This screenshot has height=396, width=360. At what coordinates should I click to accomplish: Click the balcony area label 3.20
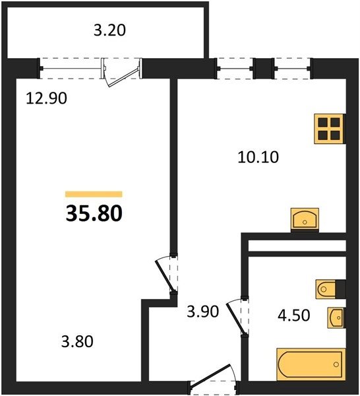point(109,30)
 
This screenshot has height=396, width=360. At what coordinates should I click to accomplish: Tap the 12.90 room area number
point(47,98)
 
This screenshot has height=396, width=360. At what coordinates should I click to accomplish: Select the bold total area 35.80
point(94,213)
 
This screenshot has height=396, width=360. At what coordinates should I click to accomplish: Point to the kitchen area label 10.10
point(258,157)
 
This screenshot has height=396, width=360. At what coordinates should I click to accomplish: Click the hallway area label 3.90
point(202,311)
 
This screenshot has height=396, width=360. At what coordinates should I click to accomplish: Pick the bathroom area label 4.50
point(293,315)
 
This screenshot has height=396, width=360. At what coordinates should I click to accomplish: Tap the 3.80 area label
point(77,341)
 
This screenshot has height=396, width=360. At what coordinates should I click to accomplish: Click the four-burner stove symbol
point(329,129)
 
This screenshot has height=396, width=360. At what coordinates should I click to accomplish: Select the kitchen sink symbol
point(305,219)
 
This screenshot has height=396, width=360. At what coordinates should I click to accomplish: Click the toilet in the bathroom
point(326,289)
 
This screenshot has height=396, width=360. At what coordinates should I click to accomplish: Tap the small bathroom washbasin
point(336,317)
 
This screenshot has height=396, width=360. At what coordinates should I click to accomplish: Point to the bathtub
point(311,364)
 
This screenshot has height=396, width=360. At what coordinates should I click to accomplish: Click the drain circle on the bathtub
point(336,364)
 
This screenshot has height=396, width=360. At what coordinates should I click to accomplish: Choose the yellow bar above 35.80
point(94,194)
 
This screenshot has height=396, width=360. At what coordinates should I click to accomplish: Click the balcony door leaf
point(123,77)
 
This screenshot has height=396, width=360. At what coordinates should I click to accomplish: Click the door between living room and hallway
point(165,275)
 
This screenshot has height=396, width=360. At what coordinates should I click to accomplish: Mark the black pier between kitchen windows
point(264,69)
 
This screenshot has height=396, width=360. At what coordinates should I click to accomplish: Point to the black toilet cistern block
point(341,289)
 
